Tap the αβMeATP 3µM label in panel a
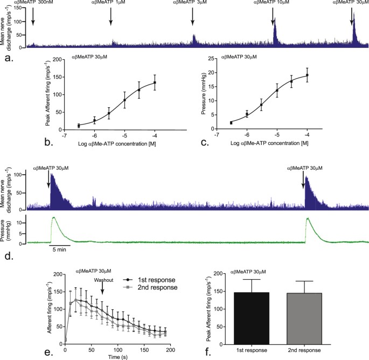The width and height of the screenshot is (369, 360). point(192,3)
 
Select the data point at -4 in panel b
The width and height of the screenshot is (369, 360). point(155,82)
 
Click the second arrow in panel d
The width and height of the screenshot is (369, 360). point(303,181)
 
